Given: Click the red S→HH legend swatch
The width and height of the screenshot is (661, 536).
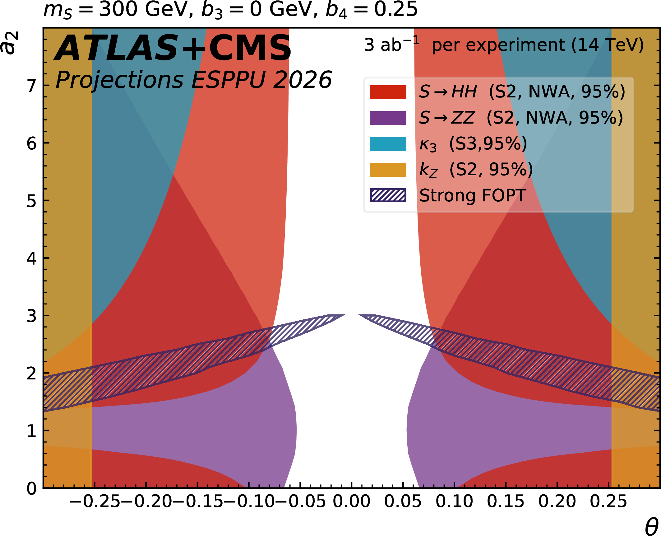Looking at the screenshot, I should click(388, 92).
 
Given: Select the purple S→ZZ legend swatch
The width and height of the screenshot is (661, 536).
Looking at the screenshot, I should click(388, 118).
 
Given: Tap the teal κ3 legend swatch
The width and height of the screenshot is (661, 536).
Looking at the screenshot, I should click(388, 144).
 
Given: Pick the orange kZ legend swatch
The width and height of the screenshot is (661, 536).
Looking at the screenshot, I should click(388, 170).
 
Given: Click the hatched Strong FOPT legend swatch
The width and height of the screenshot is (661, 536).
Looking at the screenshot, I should click(388, 195).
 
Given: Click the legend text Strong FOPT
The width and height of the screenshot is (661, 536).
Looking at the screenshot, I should click(473, 195).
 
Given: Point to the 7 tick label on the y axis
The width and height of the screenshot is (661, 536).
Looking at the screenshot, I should click(32, 86).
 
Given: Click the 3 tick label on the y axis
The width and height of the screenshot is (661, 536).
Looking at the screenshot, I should click(32, 316).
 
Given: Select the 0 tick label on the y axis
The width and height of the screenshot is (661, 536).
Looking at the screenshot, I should click(32, 489).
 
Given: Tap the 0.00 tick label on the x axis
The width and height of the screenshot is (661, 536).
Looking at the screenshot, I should click(351, 502).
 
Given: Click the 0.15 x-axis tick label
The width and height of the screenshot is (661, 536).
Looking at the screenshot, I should click(506, 502).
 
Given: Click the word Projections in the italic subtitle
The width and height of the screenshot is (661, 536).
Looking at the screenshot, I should click(119, 80).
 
